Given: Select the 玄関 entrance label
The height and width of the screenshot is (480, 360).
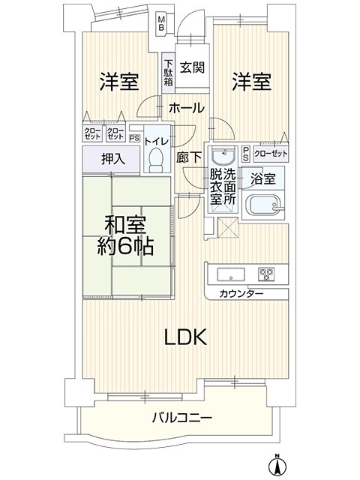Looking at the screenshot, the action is tap(192, 67).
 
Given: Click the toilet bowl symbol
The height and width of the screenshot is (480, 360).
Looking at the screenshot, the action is tap(157, 160).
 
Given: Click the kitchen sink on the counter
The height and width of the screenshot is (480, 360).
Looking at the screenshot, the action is tap(231, 273).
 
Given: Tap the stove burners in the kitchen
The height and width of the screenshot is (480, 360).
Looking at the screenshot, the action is tap(266, 274).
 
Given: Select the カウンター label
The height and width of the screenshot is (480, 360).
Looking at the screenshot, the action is tap(241, 294).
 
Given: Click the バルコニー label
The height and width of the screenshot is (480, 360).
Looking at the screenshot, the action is tap(182, 417).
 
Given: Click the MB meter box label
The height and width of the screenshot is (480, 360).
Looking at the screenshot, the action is tap(161, 23).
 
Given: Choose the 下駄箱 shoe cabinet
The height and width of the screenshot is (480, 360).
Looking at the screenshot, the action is tap(168, 73).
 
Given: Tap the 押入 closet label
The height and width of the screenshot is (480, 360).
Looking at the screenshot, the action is tap(113, 159).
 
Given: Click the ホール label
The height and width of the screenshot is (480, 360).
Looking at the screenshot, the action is tap(187, 108).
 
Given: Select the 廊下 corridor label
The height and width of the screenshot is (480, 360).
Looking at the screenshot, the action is tap(189, 157).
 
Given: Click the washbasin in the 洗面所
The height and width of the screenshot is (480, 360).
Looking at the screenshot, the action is tap(224, 156).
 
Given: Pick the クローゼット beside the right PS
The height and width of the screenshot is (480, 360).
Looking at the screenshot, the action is tap(271, 153).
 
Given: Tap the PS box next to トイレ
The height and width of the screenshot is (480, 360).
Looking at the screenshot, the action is tap(133, 138).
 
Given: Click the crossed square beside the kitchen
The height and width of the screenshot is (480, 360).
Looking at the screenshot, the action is tap(227, 228).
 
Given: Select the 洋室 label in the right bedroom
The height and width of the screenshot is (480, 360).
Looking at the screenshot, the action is tap(251, 82).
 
